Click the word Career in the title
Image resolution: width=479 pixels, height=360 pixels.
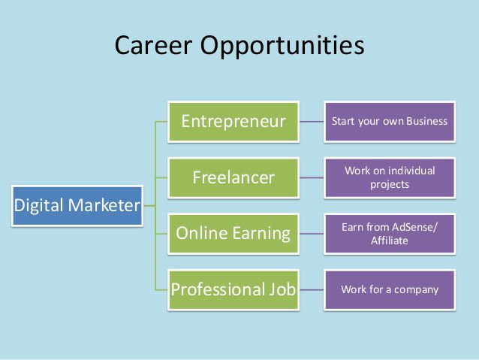(152, 46)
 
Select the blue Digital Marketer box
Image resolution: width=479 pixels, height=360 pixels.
(77, 205)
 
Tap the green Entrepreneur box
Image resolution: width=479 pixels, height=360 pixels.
(233, 121)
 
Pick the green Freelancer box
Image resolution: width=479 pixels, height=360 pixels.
(233, 178)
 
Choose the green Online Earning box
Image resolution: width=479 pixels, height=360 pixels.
(233, 233)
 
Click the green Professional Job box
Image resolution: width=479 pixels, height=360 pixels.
(233, 289)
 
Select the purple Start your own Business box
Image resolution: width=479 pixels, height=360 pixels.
(390, 121)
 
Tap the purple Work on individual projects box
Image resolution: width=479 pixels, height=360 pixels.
(390, 177)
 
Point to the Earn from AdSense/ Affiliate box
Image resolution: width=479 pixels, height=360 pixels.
(390, 234)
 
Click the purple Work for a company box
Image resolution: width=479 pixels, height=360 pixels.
(390, 289)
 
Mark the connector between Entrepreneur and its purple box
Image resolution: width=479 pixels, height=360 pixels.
(312, 121)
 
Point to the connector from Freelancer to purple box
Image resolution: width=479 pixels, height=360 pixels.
(312, 178)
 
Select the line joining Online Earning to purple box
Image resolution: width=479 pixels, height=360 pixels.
(312, 233)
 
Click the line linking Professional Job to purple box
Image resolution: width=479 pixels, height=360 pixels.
(312, 289)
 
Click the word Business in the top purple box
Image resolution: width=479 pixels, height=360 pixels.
(426, 121)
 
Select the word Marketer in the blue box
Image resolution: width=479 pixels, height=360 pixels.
(104, 205)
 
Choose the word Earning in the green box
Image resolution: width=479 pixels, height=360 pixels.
(262, 233)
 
